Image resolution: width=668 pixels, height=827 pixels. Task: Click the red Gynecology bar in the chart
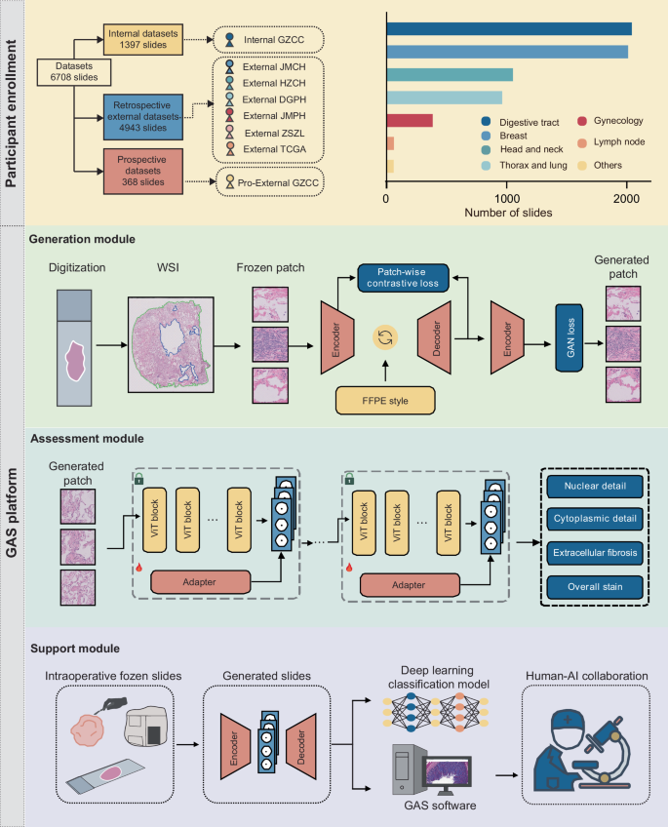click(410, 120)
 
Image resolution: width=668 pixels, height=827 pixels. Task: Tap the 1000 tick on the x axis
click(507, 197)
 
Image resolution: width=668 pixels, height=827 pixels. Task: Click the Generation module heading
click(82, 237)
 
